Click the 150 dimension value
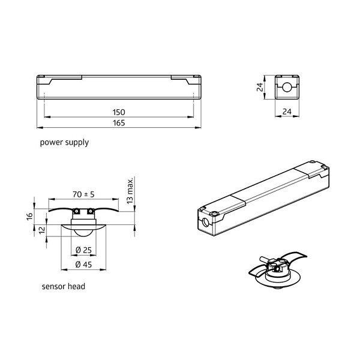point(119,112)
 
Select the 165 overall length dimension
point(119,123)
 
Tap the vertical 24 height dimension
point(260,87)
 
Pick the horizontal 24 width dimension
point(287,112)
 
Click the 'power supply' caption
point(64,143)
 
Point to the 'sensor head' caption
point(64,287)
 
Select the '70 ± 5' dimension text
point(83,194)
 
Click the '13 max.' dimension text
point(130,190)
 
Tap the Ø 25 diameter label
point(83,250)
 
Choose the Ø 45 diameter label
point(83,265)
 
